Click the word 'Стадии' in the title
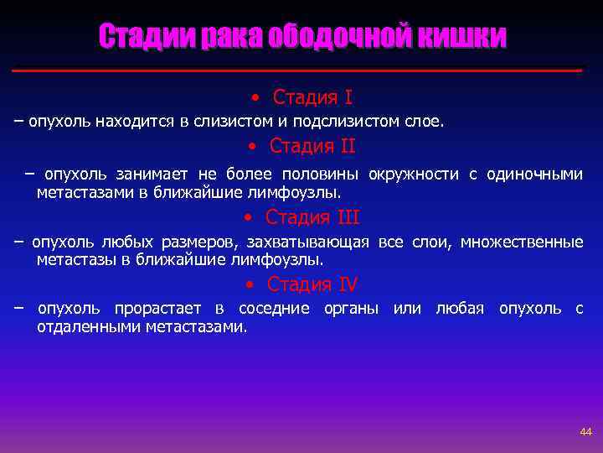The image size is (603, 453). [147, 37]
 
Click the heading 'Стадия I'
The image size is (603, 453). [312, 97]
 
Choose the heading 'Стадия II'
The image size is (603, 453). [312, 146]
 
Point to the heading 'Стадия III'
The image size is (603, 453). [312, 217]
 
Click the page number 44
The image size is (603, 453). [585, 431]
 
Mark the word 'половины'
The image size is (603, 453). [321, 174]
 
